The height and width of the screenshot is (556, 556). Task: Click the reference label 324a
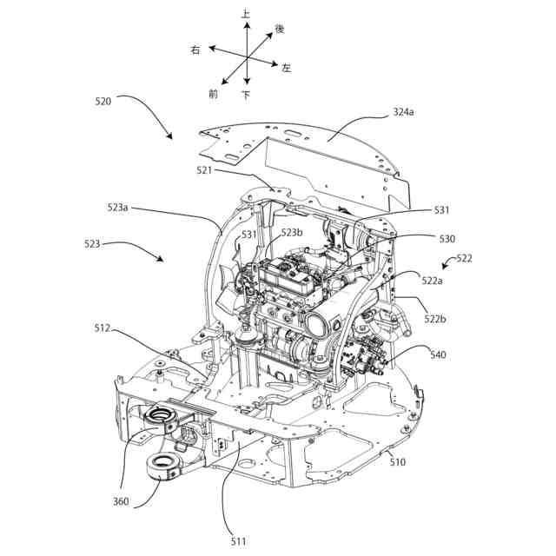point(404,112)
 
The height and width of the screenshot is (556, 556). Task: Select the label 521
point(204,170)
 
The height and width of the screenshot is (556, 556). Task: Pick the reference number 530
point(447,238)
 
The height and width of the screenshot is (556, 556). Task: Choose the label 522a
point(433,280)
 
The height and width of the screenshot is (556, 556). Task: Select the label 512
point(103,328)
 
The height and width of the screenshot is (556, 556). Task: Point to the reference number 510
point(397,462)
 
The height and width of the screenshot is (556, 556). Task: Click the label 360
point(121,501)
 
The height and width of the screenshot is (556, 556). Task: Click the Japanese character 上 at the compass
point(246,14)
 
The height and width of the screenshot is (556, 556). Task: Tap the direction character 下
point(246,94)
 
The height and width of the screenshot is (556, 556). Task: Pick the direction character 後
point(280,30)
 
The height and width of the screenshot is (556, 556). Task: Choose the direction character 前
point(214,92)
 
